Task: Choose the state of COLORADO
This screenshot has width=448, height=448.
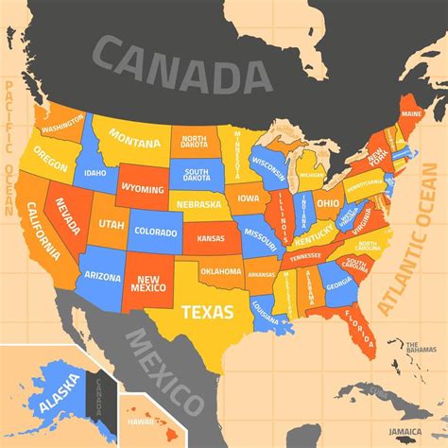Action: (x=155, y=231)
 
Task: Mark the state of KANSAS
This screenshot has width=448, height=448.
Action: (x=211, y=239)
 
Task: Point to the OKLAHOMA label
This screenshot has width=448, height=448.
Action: (x=221, y=272)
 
